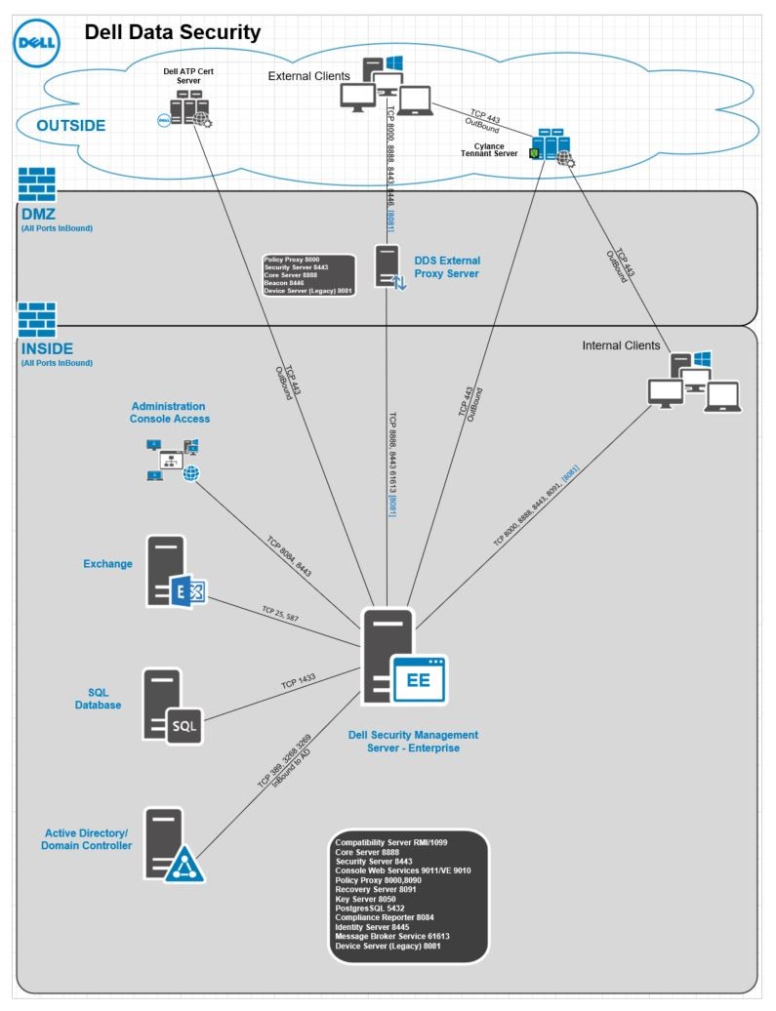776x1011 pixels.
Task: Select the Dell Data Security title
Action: (173, 32)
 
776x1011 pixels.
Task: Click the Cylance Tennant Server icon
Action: (551, 147)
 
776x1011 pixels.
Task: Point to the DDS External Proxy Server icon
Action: (389, 266)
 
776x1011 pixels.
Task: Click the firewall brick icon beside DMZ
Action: (37, 183)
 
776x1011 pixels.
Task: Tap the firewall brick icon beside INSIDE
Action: (37, 319)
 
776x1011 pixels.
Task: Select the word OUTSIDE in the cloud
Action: (70, 126)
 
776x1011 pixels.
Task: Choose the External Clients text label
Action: (308, 77)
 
